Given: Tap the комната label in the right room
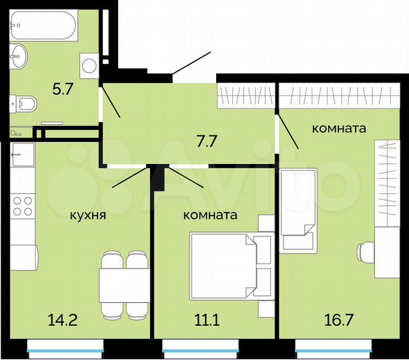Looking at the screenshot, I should coord(339,129).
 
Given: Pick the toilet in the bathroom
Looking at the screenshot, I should coord(25,104).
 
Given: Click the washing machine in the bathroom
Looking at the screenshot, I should coord(89,64).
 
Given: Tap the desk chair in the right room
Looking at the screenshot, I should coord(368,252).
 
